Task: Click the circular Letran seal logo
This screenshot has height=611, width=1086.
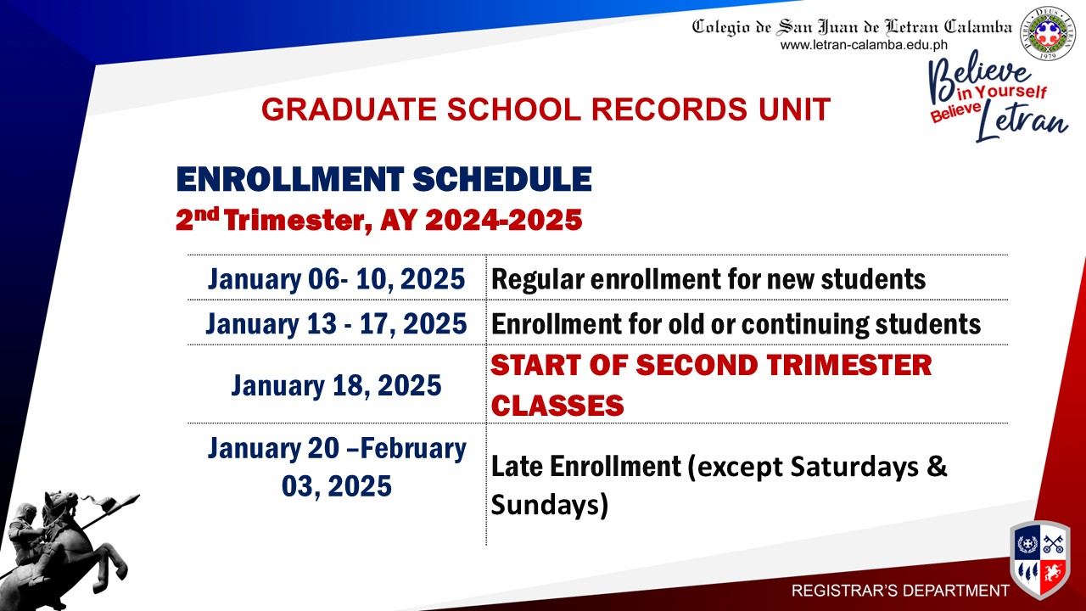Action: [x=1047, y=33]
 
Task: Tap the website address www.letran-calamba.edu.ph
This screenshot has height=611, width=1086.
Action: [x=864, y=45]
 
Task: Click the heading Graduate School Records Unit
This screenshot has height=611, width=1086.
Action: [x=546, y=109]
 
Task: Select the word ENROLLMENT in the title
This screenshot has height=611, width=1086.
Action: [x=290, y=179]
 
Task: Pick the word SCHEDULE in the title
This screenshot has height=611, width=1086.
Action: [x=502, y=179]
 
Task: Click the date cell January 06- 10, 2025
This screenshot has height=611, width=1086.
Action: [x=337, y=279]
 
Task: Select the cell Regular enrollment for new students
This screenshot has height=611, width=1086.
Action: [x=708, y=279]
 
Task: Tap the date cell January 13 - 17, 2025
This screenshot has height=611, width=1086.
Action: [x=337, y=323]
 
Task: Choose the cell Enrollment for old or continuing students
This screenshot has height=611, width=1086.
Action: [x=736, y=324]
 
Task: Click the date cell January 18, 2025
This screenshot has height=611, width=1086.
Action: [x=337, y=385]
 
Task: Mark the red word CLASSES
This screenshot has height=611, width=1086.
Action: [x=557, y=406]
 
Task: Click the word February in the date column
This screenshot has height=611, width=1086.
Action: [x=413, y=448]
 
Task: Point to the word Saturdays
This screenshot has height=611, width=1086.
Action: [x=854, y=467]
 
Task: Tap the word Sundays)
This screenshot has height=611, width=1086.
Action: [x=550, y=504]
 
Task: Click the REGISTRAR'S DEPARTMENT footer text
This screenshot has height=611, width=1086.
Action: [x=900, y=591]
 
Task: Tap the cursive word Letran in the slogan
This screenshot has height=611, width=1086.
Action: [x=1022, y=122]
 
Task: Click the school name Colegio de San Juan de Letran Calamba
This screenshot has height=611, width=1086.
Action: [x=852, y=26]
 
